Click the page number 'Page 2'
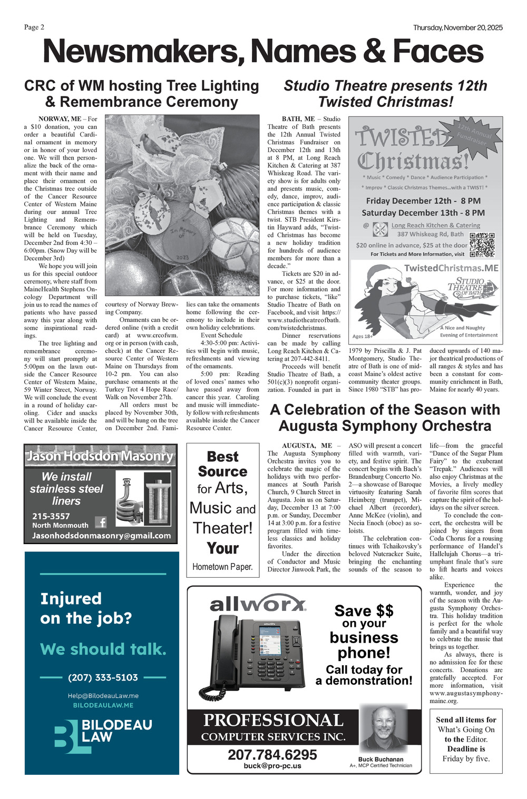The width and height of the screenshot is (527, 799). tap(34, 27)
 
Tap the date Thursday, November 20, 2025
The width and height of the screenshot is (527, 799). tap(457, 27)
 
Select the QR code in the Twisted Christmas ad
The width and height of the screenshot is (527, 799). tap(482, 244)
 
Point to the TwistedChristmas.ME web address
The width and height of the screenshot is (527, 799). tap(451, 268)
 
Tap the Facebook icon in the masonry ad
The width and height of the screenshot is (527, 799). tap(101, 522)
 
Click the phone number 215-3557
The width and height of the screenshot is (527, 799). tap(51, 516)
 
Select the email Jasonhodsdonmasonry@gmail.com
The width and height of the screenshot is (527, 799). tap(101, 536)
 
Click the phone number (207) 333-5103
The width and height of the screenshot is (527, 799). tap(103, 677)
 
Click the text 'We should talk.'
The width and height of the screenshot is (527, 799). tap(103, 649)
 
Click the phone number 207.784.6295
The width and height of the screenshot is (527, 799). tap(272, 755)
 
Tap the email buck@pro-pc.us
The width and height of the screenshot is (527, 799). tap(272, 766)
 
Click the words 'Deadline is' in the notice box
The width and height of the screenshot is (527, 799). tap(466, 748)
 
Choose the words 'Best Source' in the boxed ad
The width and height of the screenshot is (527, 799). tap(222, 464)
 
